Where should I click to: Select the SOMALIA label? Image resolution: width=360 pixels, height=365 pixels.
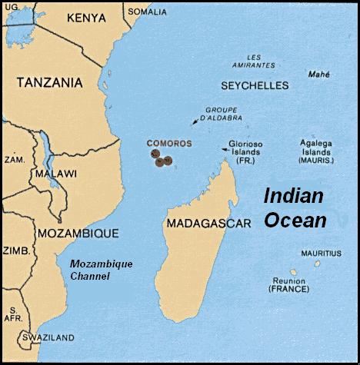tap(146, 12)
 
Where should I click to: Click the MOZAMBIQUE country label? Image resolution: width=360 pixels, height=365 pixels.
tap(78, 232)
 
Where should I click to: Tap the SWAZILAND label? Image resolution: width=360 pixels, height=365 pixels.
tap(47, 337)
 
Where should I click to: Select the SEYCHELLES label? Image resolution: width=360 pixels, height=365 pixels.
tap(254, 85)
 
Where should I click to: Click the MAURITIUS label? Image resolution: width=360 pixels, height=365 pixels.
tap(321, 253)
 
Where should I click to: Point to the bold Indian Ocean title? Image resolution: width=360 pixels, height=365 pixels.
tap(295, 207)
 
